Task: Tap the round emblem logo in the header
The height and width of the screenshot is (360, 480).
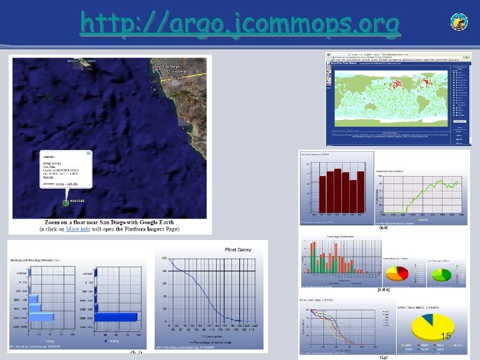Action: [x=459, y=22]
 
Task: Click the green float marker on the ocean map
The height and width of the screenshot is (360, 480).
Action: [x=65, y=202]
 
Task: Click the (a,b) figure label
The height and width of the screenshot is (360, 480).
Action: [x=384, y=227]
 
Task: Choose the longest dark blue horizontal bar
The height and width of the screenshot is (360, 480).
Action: [x=117, y=317]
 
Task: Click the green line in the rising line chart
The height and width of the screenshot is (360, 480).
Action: [x=430, y=193]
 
